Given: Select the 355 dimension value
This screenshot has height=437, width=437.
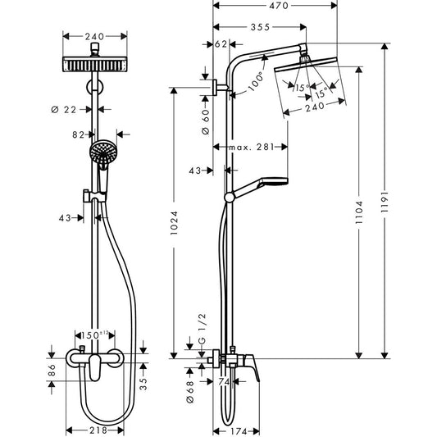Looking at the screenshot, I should pos(261,28).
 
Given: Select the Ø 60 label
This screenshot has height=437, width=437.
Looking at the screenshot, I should pos(205,126).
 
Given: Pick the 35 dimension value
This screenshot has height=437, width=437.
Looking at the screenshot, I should pos(144,380).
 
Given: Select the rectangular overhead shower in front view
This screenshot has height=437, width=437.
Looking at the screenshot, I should pos(95,65).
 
